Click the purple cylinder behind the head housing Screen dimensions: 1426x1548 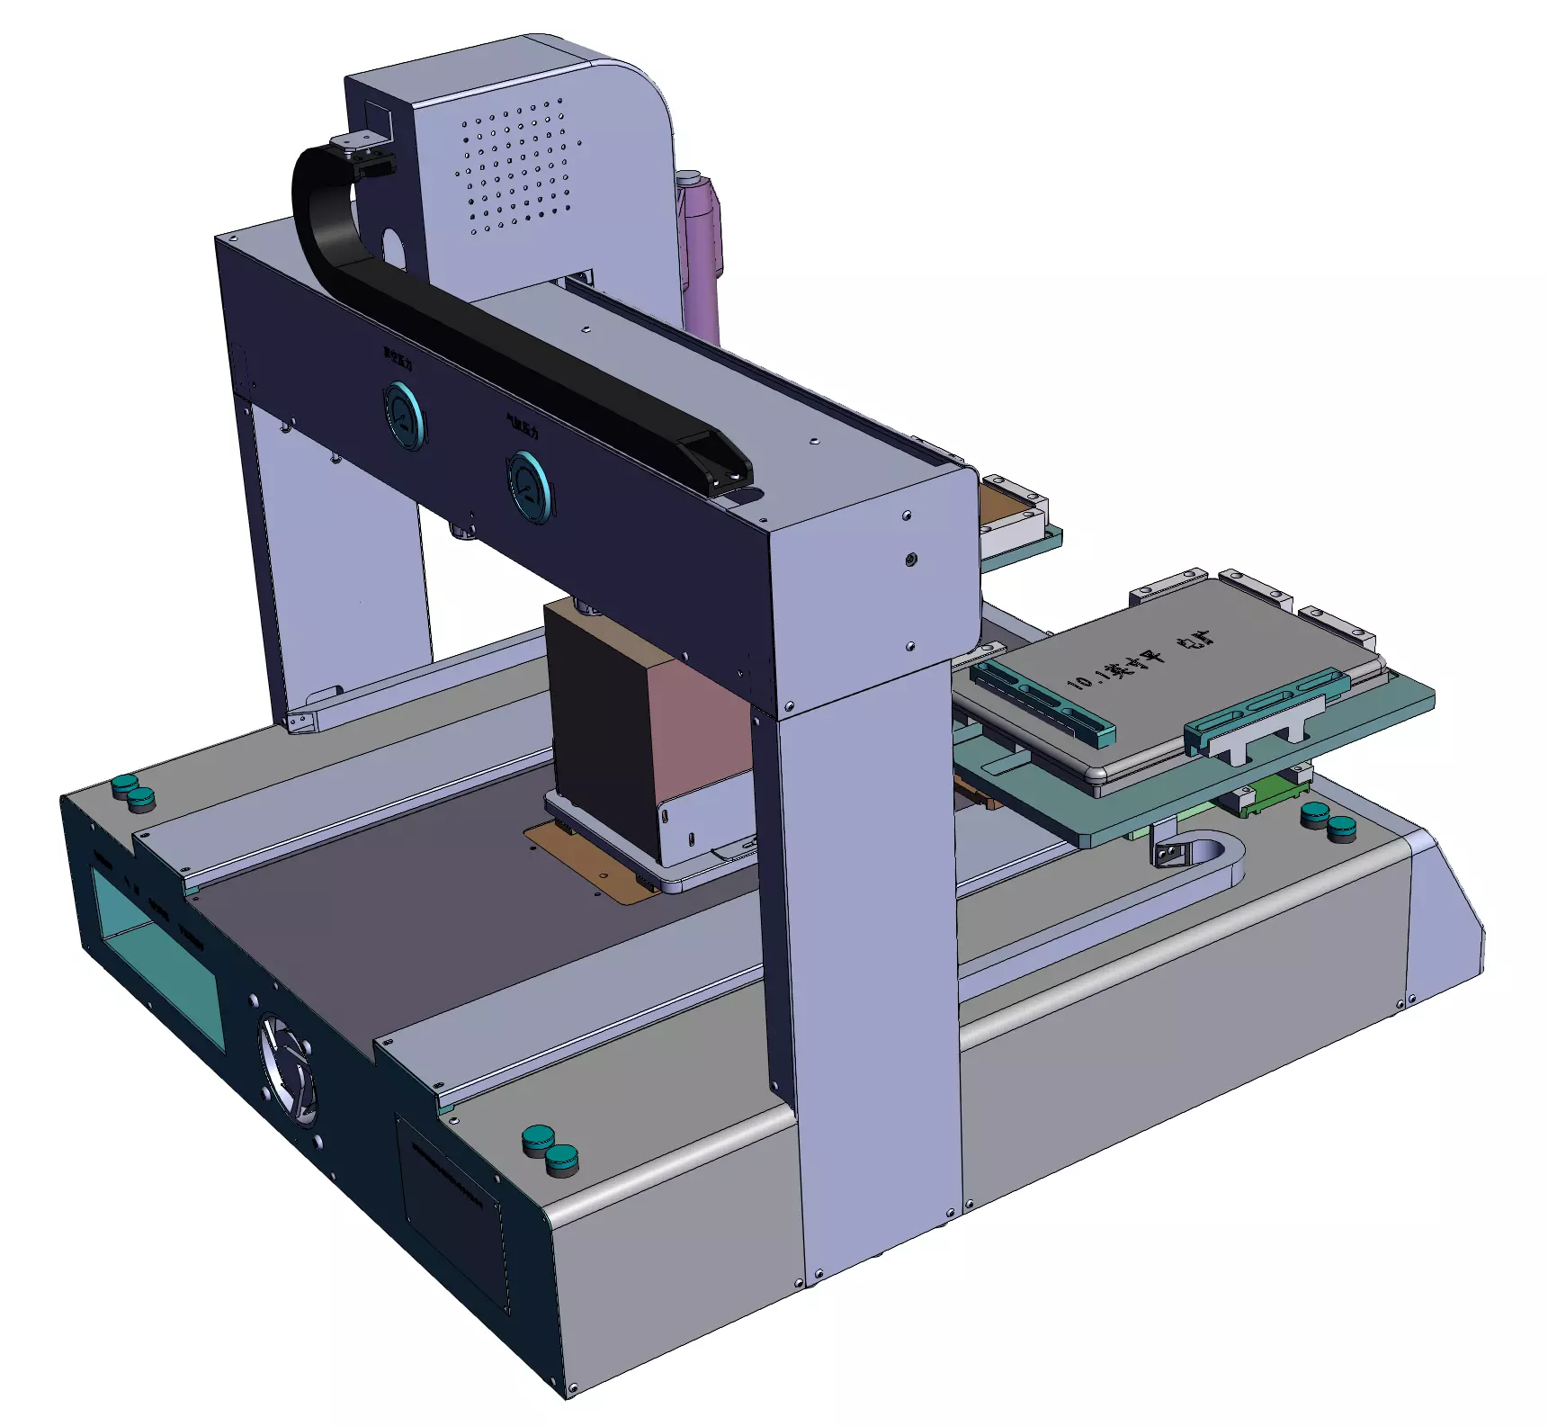[x=701, y=252]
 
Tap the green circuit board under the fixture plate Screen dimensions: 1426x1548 [x=1277, y=797]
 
